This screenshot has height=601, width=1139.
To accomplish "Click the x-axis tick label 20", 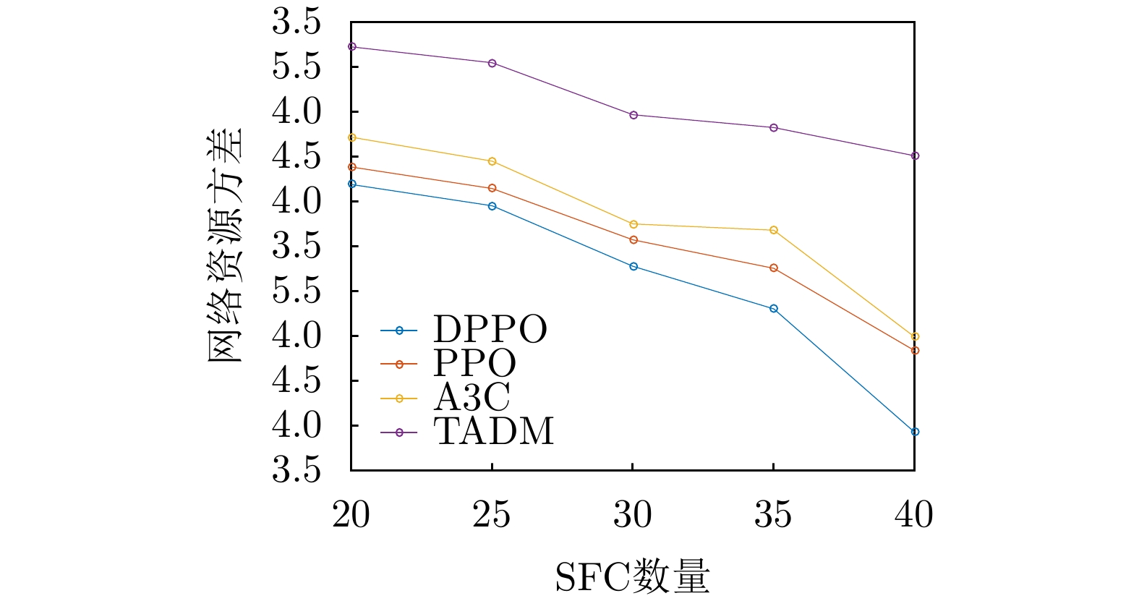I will (x=351, y=515).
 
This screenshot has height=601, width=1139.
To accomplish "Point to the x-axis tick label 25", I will (x=492, y=515).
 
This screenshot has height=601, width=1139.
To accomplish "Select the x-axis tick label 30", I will (x=633, y=515).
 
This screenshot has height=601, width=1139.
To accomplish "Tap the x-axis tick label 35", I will (x=773, y=515).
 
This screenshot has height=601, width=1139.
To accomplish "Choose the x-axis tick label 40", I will (x=914, y=515).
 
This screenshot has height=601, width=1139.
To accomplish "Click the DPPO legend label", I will (x=490, y=330).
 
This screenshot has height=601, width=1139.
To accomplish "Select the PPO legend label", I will (x=474, y=363).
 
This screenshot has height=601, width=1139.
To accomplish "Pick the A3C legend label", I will (x=472, y=397).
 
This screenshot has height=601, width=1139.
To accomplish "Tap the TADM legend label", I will (x=493, y=432).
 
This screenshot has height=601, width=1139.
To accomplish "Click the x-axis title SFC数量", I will (x=632, y=577).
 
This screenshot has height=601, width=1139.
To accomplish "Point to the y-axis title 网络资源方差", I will (x=226, y=246).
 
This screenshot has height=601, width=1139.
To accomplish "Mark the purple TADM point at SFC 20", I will (x=352, y=47).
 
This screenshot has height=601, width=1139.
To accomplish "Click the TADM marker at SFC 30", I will (x=634, y=115).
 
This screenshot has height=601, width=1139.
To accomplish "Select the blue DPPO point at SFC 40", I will (x=915, y=432).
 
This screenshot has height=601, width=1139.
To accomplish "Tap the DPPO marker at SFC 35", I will (x=774, y=309).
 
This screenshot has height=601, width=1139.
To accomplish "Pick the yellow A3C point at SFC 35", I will (x=774, y=230).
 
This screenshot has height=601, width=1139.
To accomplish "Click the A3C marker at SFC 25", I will (x=492, y=161).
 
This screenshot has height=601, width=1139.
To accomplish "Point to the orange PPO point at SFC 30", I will (x=634, y=240).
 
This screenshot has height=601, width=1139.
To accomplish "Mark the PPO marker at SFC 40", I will (x=915, y=351).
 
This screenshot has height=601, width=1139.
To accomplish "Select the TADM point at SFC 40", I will (x=915, y=155).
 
